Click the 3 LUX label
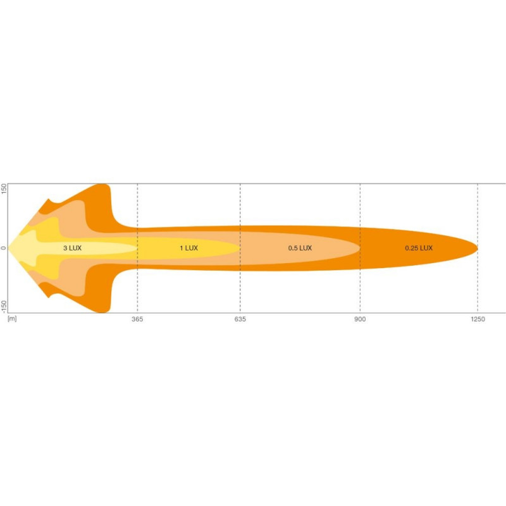pyautogui.click(x=72, y=248)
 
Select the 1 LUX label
pyautogui.click(x=188, y=248)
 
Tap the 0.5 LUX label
pyautogui.click(x=300, y=248)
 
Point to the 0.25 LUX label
pyautogui.click(x=419, y=248)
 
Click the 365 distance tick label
pyautogui.click(x=137, y=319)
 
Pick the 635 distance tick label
pyautogui.click(x=240, y=319)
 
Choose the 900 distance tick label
pyautogui.click(x=360, y=319)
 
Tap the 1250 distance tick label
pyautogui.click(x=478, y=319)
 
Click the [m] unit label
pyautogui.click(x=12, y=319)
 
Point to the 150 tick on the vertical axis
pyautogui.click(x=4, y=188)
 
